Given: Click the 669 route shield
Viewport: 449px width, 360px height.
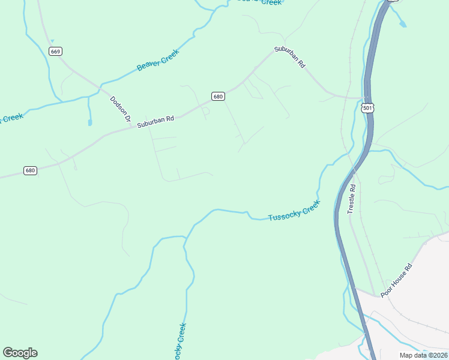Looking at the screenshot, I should click(56, 52).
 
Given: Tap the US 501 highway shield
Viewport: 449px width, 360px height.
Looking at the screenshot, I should click(368, 108).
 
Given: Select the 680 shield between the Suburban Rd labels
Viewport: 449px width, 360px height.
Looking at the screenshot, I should click(218, 96).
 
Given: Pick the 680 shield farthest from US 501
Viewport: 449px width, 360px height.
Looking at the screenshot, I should click(31, 170).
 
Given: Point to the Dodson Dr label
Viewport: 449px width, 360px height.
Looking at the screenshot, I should click(120, 109).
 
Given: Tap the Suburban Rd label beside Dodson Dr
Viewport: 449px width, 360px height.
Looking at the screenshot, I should click(155, 121).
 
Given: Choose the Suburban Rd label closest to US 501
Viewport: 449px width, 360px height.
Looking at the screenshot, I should click(291, 57).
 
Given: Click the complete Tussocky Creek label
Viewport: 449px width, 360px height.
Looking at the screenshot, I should click(294, 209).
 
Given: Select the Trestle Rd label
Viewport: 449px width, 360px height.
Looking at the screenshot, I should click(352, 199).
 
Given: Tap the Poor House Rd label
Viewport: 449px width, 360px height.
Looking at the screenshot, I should click(397, 279).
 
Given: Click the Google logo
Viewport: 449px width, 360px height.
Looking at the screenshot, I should click(20, 353).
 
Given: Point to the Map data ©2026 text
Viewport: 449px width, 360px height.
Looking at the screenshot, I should click(423, 355).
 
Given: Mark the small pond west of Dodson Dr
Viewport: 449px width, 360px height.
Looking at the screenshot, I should click(89, 122).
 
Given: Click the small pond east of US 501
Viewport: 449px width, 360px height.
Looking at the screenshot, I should click(402, 24).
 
